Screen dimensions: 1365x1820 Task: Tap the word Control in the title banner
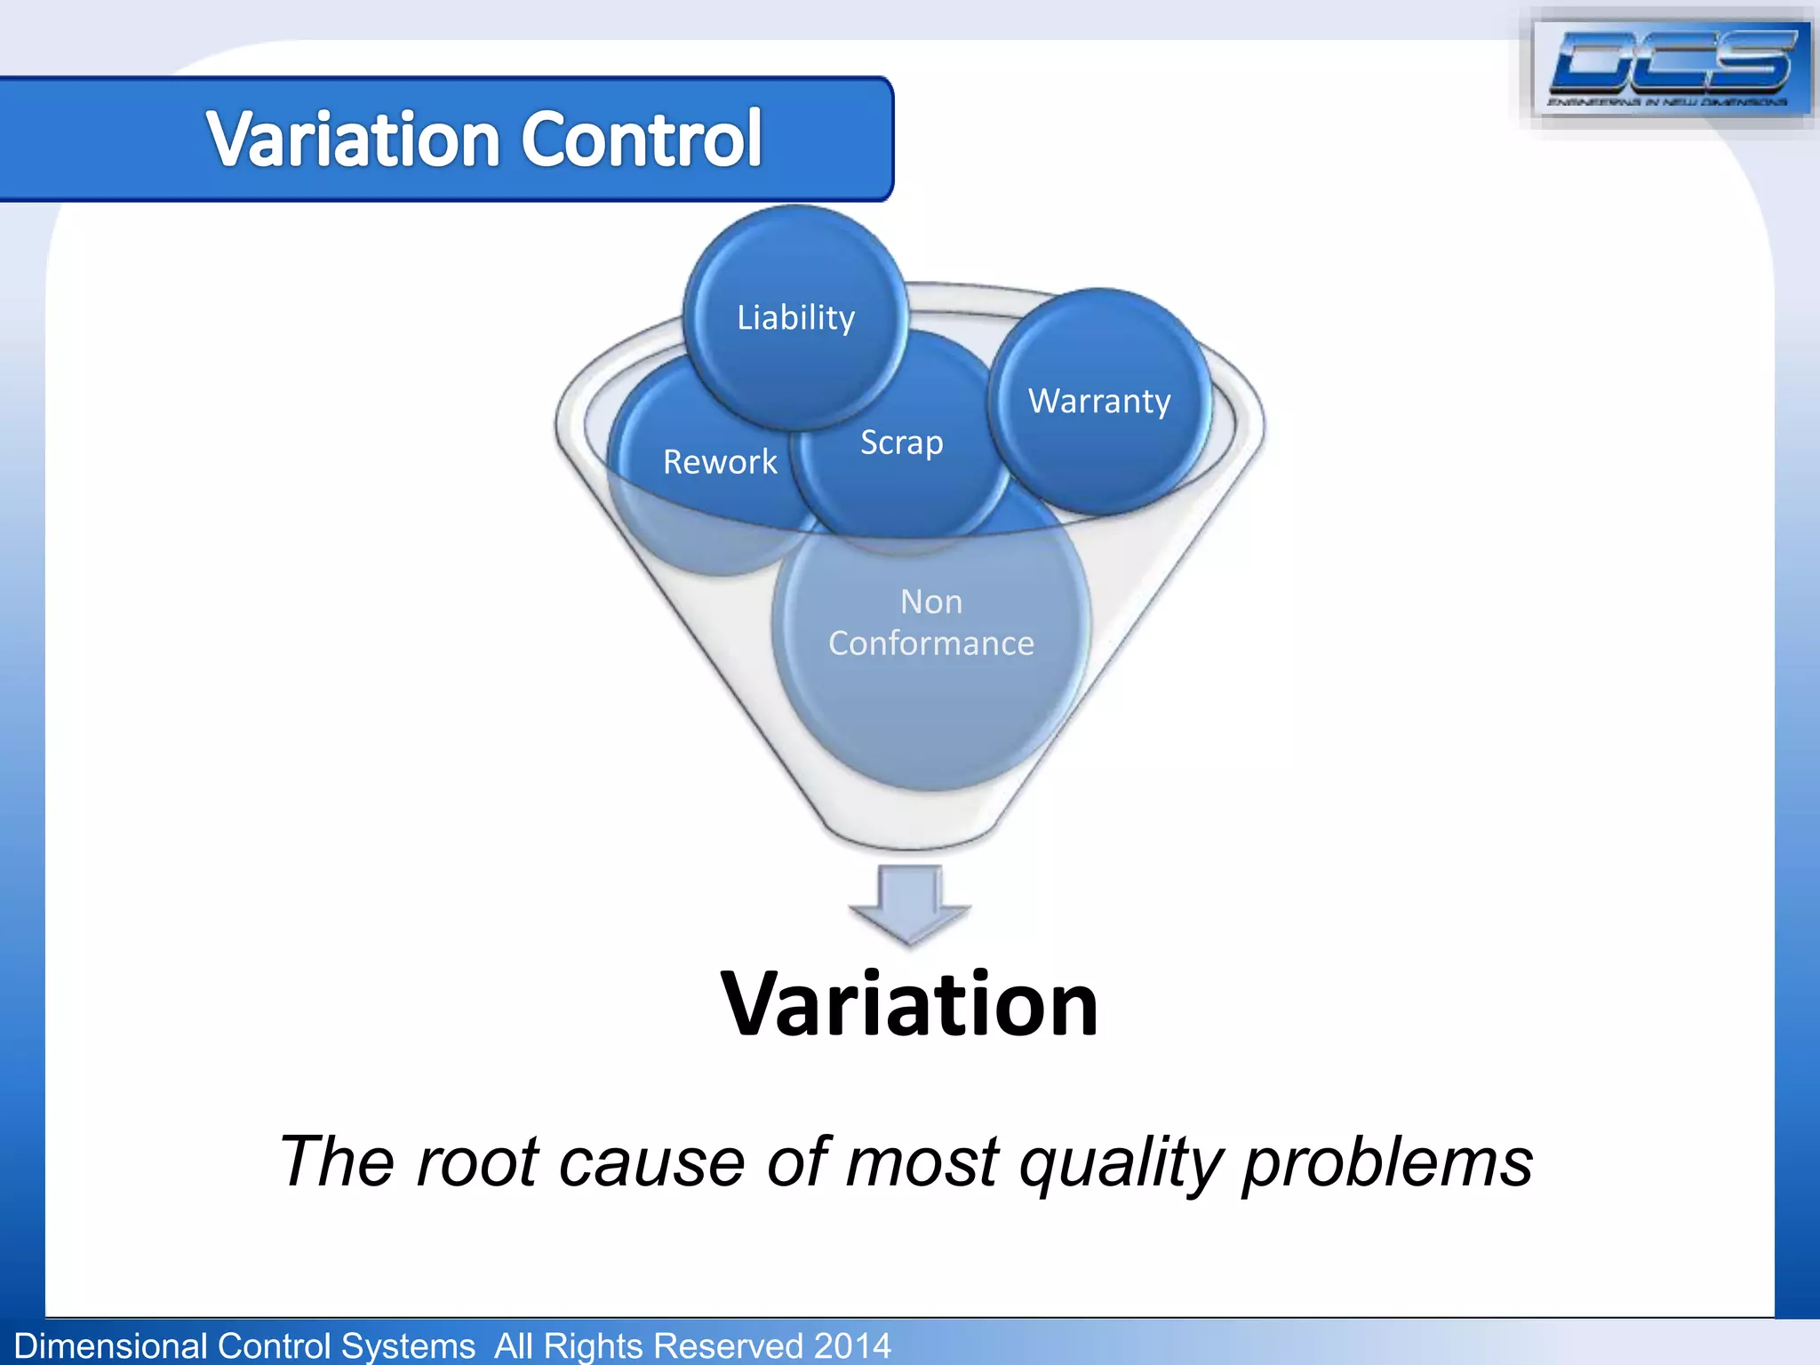point(641,140)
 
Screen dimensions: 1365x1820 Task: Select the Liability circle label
point(795,317)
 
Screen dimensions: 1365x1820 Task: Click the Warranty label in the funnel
point(1099,401)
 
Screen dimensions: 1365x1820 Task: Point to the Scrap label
point(901,443)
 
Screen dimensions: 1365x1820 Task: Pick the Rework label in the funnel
point(720,462)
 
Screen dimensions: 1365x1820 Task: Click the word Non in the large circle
point(930,602)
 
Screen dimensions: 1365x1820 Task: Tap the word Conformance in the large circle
point(930,643)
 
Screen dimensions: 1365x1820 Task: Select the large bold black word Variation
point(909,1004)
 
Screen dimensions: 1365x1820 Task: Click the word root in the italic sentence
point(476,1161)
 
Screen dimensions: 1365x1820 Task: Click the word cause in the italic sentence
point(651,1161)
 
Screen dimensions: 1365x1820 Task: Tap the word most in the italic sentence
point(922,1161)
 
